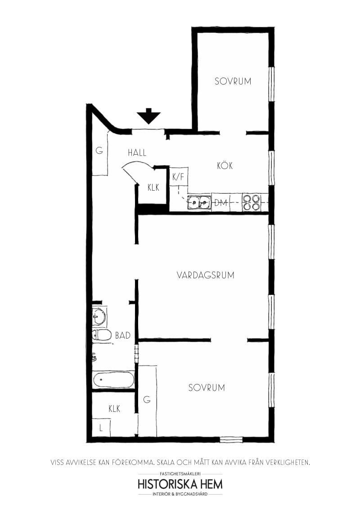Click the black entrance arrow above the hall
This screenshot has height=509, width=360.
pyautogui.click(x=148, y=116)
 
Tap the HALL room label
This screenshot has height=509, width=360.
pyautogui.click(x=137, y=153)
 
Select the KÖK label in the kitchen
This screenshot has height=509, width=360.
pyautogui.click(x=225, y=166)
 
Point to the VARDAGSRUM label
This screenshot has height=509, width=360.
pyautogui.click(x=206, y=275)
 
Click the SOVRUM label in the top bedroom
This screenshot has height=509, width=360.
pyautogui.click(x=233, y=81)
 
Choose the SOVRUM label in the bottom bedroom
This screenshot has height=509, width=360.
pyautogui.click(x=207, y=388)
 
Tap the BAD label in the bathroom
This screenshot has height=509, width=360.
pyautogui.click(x=123, y=335)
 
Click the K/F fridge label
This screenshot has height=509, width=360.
pyautogui.click(x=178, y=177)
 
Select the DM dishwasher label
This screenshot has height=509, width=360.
pyautogui.click(x=220, y=203)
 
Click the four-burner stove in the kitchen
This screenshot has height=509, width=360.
pyautogui.click(x=251, y=202)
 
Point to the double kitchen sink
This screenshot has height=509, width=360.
pyautogui.click(x=199, y=203)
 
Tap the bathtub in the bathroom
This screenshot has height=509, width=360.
pyautogui.click(x=113, y=380)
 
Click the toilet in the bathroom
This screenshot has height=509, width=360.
pyautogui.click(x=102, y=335)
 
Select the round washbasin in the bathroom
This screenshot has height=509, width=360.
pyautogui.click(x=99, y=317)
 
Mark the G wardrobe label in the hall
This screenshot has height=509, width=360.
pyautogui.click(x=99, y=151)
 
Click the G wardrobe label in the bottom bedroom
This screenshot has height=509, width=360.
pyautogui.click(x=146, y=399)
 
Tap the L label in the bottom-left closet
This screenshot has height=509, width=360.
pyautogui.click(x=101, y=429)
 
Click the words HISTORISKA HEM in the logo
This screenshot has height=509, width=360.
pyautogui.click(x=180, y=484)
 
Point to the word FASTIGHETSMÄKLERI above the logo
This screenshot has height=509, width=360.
pyautogui.click(x=180, y=474)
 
